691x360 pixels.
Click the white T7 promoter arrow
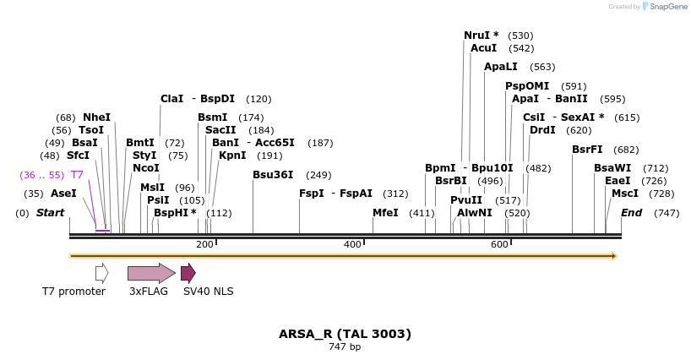(101, 273)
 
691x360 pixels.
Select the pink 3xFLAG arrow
(150, 273)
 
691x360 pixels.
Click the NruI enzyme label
(481, 35)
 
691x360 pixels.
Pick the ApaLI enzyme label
(500, 67)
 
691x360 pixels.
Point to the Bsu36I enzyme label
(273, 175)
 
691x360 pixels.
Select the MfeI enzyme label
(385, 213)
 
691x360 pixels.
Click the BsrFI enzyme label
(587, 150)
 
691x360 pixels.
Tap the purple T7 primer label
(77, 175)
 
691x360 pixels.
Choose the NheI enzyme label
(96, 117)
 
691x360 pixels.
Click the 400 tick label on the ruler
(352, 244)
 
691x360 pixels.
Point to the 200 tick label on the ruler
(204, 244)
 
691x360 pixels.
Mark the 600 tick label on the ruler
(499, 244)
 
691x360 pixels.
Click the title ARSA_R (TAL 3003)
(345, 334)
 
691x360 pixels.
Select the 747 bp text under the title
(345, 347)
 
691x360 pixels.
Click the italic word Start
(50, 213)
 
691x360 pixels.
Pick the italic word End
(631, 213)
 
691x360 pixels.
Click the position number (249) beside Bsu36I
(318, 175)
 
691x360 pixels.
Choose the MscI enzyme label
(625, 194)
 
